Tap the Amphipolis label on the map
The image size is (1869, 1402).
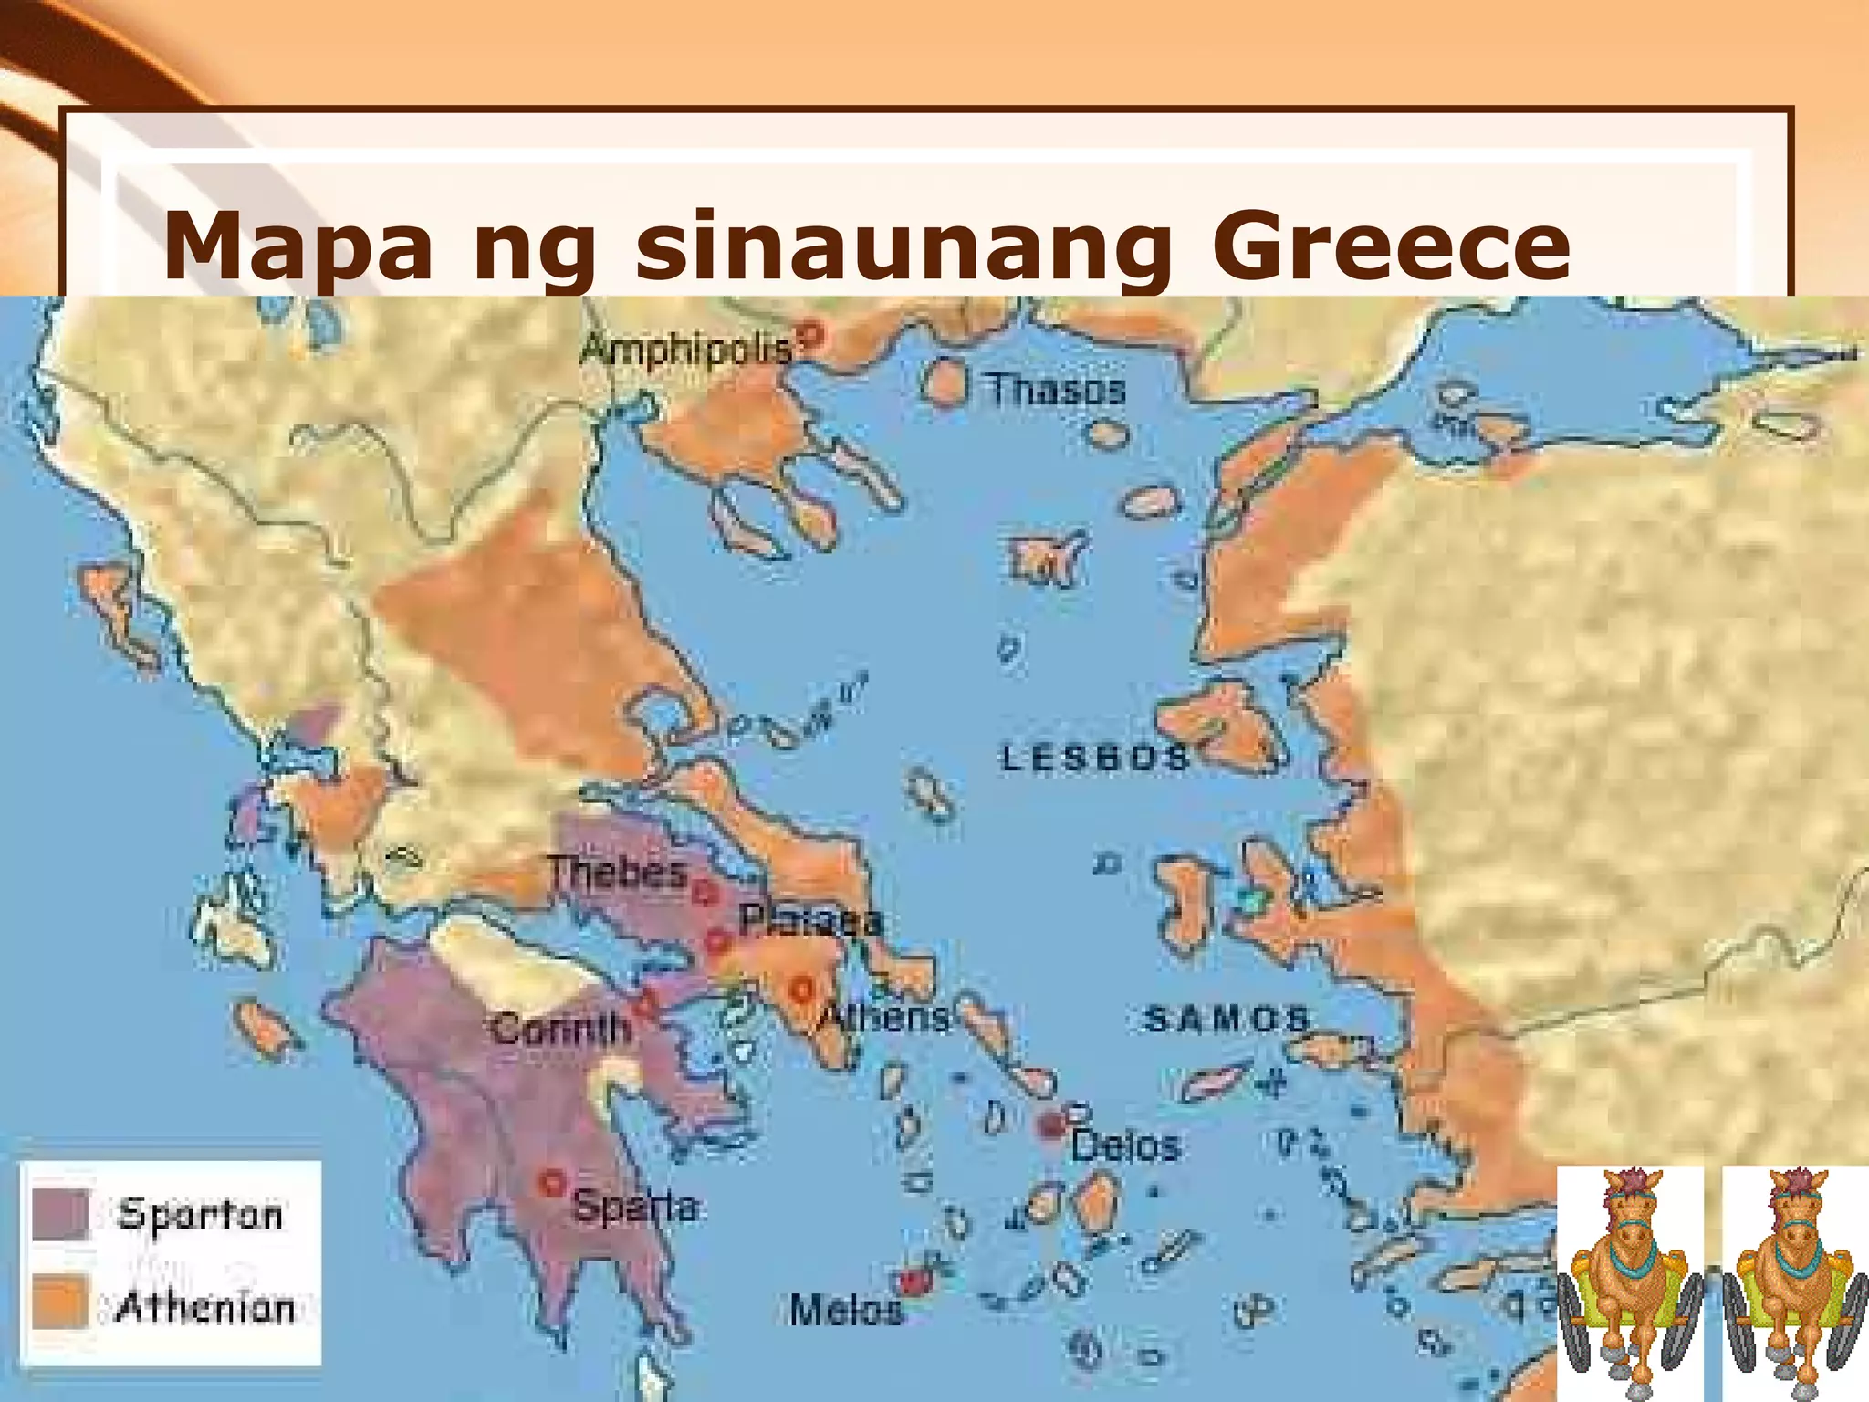pos(685,349)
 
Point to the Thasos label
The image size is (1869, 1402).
pos(1057,391)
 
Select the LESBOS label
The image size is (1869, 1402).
pos(1096,758)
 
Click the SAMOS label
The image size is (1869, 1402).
pos(1227,1019)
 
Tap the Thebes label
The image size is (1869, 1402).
pos(617,873)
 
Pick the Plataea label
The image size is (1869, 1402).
pos(811,920)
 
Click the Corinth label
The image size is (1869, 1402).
pos(561,1030)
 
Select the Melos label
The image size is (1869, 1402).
pos(845,1310)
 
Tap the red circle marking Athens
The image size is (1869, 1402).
pos(802,988)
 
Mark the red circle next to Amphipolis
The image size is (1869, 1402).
pos(811,335)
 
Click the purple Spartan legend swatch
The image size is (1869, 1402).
pos(60,1214)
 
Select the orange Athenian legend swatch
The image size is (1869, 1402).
pos(60,1301)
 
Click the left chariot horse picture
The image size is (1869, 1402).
pos(1630,1283)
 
